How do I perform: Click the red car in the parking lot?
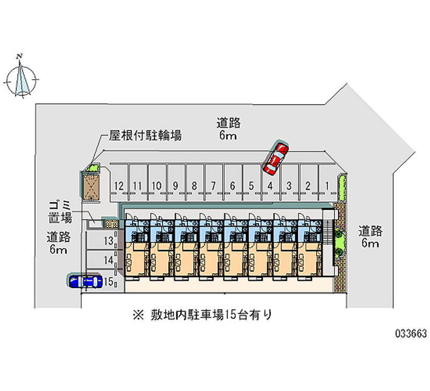point(276,158)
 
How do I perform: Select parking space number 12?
point(119,186)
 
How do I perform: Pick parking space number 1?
point(327,186)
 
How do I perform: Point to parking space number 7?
point(213,186)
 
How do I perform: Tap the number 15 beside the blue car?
point(109,281)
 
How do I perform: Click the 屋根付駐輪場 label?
point(145,136)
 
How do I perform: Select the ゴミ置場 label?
point(60,212)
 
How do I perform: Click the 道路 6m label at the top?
point(228,129)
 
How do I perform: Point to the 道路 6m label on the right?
point(370,237)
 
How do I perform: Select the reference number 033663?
point(411,333)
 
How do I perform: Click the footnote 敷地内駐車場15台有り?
point(203,315)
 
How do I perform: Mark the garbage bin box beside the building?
point(112,224)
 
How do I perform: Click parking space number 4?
point(270,186)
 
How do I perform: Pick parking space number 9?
point(176,186)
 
